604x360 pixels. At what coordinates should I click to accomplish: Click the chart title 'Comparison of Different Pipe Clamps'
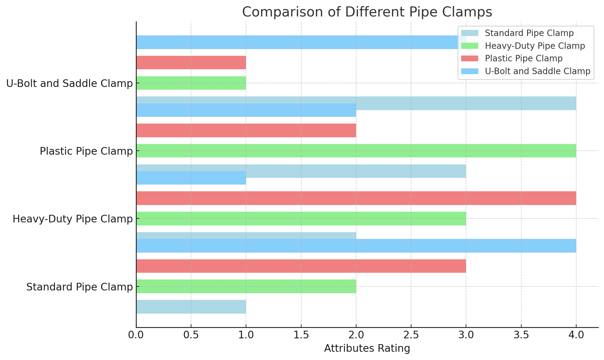click(367, 12)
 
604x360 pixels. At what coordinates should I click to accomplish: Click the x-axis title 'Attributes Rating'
click(367, 348)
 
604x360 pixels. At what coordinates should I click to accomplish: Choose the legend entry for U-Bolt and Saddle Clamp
click(537, 71)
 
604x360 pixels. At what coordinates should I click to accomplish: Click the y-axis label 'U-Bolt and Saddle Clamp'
click(70, 83)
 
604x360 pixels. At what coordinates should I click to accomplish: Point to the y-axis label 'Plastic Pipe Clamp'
click(86, 151)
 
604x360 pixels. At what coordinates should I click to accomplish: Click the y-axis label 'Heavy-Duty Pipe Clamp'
click(73, 219)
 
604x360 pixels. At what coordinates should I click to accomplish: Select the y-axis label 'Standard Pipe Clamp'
click(80, 287)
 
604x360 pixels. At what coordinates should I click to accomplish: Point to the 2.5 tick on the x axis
click(411, 335)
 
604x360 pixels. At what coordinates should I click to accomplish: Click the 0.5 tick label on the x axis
click(191, 335)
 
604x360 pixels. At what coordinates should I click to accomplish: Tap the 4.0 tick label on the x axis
click(576, 335)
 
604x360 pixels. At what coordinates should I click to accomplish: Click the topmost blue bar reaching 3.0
click(301, 42)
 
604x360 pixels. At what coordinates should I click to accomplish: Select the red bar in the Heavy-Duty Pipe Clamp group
click(356, 198)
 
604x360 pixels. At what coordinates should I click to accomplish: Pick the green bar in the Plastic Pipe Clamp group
click(356, 151)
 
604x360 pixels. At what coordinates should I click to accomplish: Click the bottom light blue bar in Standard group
click(191, 307)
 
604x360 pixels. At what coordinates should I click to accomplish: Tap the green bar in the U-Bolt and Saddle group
click(191, 83)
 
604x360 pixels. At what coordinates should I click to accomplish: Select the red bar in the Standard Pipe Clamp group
click(301, 266)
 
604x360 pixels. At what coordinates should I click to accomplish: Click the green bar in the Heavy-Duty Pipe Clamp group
click(301, 218)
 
